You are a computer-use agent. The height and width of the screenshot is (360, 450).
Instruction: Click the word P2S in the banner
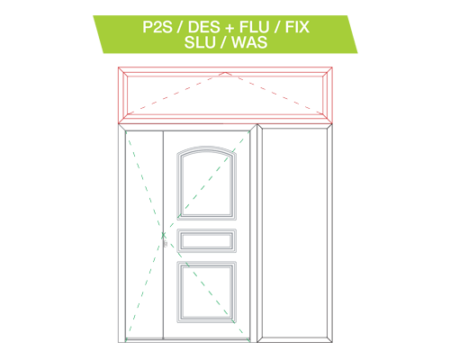[157, 27]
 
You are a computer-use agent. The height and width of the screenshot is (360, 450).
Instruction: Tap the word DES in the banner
[203, 27]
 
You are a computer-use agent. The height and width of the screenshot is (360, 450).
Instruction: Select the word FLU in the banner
[254, 27]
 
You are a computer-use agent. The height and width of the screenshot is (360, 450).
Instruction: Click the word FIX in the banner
[297, 27]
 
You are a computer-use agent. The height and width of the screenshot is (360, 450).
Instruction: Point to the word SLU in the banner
[200, 42]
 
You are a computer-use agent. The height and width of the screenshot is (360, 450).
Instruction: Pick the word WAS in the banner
[249, 42]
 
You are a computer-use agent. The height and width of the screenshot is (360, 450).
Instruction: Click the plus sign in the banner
[229, 28]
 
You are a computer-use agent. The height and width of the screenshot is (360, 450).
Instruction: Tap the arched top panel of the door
[206, 183]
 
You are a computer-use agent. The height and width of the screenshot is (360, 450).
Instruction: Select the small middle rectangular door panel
[206, 240]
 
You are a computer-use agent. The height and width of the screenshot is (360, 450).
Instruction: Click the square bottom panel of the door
[206, 292]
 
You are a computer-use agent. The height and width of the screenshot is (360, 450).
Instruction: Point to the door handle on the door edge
[165, 240]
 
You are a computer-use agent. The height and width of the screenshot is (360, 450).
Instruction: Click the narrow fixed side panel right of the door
[294, 233]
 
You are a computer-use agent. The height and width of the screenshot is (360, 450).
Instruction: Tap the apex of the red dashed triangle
[225, 73]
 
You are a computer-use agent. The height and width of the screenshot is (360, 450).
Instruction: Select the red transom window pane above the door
[225, 95]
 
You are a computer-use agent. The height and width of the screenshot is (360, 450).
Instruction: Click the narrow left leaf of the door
[144, 235]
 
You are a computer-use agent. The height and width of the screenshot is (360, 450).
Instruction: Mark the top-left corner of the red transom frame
[119, 67]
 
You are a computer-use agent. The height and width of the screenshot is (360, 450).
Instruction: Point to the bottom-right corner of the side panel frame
[332, 342]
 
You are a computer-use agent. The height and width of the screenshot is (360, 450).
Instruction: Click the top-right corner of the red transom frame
[332, 67]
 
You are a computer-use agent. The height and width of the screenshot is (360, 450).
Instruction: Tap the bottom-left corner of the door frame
[119, 342]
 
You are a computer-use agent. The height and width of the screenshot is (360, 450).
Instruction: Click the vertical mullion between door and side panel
[256, 233]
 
